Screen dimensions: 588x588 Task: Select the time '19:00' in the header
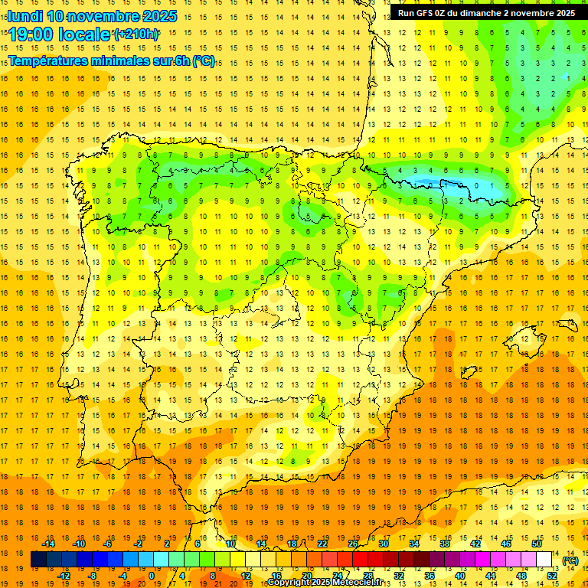(32, 34)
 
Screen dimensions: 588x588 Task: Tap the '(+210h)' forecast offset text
(136, 34)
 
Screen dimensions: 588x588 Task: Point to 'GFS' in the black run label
(426, 13)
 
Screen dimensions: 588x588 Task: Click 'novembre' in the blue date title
(104, 16)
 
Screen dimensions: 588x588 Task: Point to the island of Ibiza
(469, 373)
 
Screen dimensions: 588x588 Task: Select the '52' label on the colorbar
(552, 576)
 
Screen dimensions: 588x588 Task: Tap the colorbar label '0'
(152, 576)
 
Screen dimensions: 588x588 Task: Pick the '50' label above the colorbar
(537, 544)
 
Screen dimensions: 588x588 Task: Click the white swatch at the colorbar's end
(544, 560)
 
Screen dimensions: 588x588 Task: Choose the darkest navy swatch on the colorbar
(38, 560)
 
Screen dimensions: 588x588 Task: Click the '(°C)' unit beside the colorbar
(570, 560)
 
